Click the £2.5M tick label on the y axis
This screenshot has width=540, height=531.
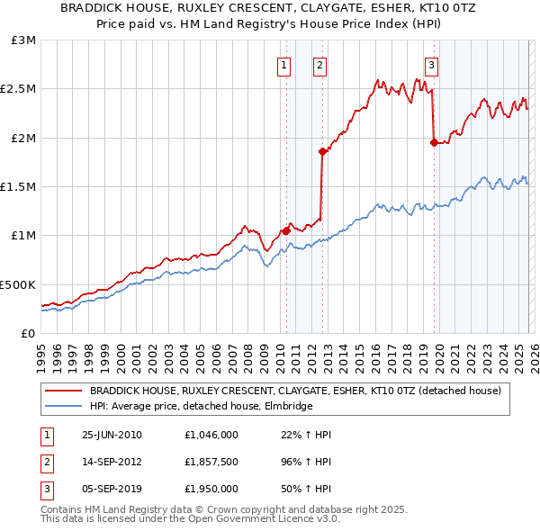click(x=18, y=89)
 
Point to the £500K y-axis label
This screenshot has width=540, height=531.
click(x=18, y=284)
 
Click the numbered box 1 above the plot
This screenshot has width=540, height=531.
click(x=284, y=64)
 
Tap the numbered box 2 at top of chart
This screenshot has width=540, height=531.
click(x=319, y=64)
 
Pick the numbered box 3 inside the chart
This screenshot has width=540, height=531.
click(x=431, y=64)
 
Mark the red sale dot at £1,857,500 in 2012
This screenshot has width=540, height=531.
click(x=321, y=152)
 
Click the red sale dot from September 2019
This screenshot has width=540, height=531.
click(x=433, y=142)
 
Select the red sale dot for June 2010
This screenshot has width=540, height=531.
click(x=286, y=230)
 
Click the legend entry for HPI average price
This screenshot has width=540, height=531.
click(x=201, y=407)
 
